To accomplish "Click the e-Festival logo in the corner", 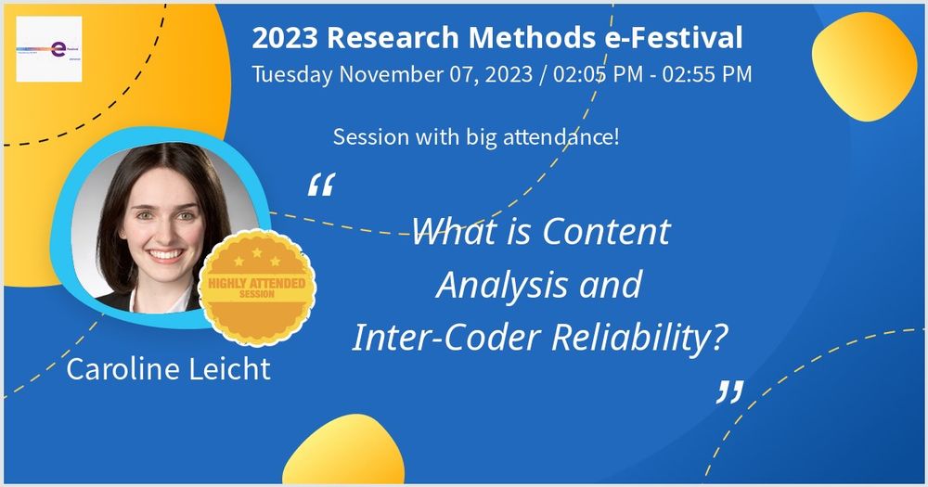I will tap(49, 49).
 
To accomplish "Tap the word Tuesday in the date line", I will tap(292, 75).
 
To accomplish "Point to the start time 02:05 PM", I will tap(596, 75).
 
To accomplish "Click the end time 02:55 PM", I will tap(705, 75).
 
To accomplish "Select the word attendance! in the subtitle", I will tap(565, 138).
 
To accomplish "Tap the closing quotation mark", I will tap(730, 392).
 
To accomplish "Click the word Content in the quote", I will tap(607, 231).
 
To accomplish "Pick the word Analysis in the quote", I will tap(499, 285).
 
